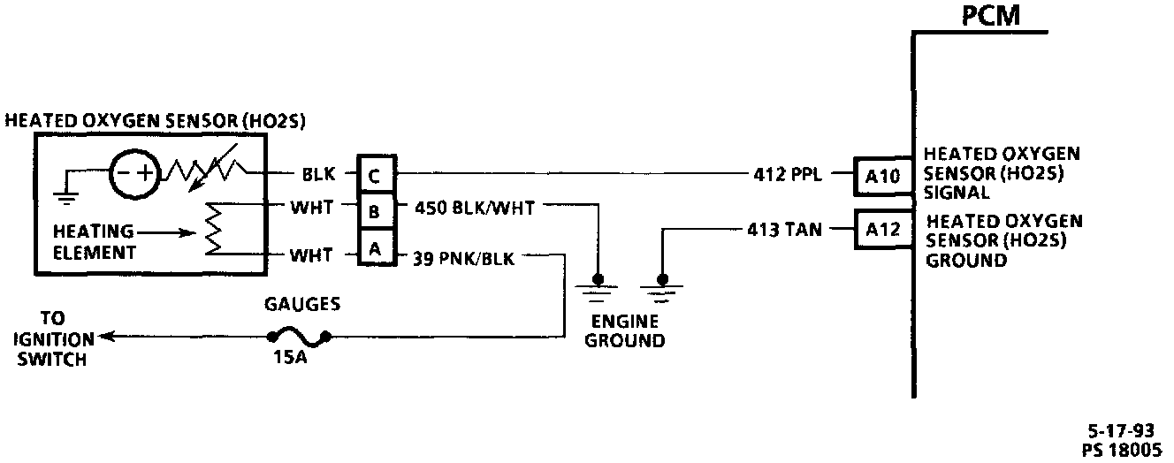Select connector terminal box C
point(375,176)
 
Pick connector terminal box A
point(375,250)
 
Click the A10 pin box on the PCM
point(880,177)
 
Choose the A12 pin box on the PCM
point(880,231)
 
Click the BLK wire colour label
point(318,176)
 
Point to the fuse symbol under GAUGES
point(299,335)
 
